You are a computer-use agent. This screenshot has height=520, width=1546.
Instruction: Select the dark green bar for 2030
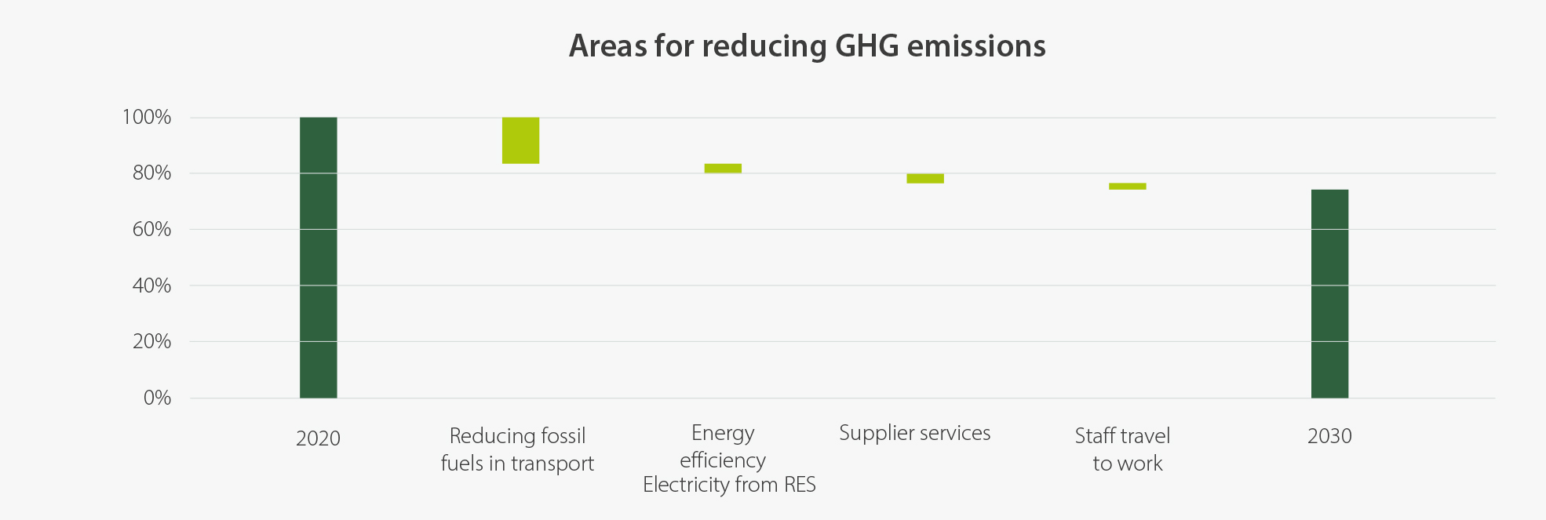click(x=1329, y=293)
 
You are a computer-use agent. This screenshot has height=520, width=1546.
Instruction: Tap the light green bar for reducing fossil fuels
click(x=520, y=140)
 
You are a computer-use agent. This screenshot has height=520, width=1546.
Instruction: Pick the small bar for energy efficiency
click(x=723, y=168)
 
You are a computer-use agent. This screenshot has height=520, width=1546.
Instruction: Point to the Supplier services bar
click(x=924, y=178)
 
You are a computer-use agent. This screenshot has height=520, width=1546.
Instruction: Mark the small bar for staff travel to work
click(x=1127, y=186)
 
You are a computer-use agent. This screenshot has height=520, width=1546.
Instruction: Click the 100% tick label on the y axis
click(x=147, y=118)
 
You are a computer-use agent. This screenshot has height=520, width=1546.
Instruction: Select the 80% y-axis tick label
click(x=151, y=173)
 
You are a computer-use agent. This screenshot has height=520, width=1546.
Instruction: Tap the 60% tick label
click(x=151, y=230)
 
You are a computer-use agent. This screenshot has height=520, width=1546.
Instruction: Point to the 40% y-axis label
click(x=151, y=285)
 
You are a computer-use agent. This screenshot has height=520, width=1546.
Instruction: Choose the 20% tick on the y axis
click(x=151, y=342)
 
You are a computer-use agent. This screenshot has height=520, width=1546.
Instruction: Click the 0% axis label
click(x=157, y=398)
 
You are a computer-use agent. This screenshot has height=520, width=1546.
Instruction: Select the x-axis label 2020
click(x=318, y=438)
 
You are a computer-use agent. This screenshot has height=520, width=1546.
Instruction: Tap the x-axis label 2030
click(x=1329, y=436)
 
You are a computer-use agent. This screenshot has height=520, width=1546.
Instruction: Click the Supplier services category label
click(x=914, y=433)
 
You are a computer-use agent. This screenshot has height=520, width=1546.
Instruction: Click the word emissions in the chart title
click(x=976, y=46)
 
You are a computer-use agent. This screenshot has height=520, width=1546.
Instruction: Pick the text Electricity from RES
click(x=729, y=485)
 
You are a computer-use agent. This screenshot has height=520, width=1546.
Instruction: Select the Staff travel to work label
click(x=1123, y=449)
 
